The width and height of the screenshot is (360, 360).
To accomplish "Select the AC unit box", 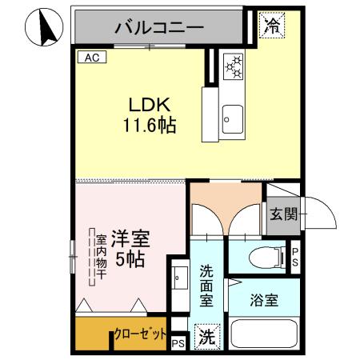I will click(x=90, y=58).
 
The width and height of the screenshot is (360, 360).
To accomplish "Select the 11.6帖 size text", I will click(x=150, y=126).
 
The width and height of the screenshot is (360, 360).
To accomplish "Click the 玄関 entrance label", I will click(x=283, y=214).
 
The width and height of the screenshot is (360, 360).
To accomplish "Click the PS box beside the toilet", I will click(x=294, y=256).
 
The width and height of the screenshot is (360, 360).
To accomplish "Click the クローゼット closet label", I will click(x=142, y=334).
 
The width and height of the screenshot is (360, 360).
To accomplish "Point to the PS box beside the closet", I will click(x=178, y=344).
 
